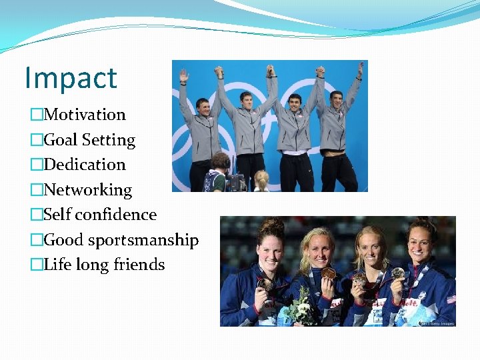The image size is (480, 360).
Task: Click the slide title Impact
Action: click(71, 78)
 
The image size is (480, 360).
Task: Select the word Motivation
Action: click(85, 115)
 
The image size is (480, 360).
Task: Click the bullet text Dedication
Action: click(85, 165)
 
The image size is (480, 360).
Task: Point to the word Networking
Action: click(88, 190)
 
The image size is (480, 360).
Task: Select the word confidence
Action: click(116, 215)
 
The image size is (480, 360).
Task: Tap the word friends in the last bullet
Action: click(139, 265)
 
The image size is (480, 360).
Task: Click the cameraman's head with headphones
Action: click(220, 162)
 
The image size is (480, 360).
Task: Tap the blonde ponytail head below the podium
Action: click(261, 179)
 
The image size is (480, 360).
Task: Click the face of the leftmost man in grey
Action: click(204, 107)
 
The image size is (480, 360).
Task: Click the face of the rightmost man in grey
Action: click(337, 100)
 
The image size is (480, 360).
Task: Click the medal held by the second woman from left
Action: click(328, 274)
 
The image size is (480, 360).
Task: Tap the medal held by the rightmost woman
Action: click(398, 273)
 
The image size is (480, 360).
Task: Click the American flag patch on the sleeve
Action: click(450, 299)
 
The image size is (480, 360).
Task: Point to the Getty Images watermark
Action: click(437, 323)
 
